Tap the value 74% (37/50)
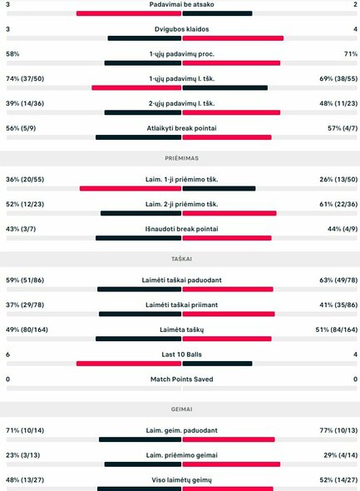(x=26, y=78)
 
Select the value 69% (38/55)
(x=334, y=78)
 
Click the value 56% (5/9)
(x=21, y=128)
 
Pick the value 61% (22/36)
(x=334, y=204)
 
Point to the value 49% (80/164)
(x=27, y=330)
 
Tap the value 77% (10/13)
(x=334, y=431)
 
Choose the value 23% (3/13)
(x=24, y=456)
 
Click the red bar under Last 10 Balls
(x=129, y=364)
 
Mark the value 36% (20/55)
(x=26, y=179)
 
